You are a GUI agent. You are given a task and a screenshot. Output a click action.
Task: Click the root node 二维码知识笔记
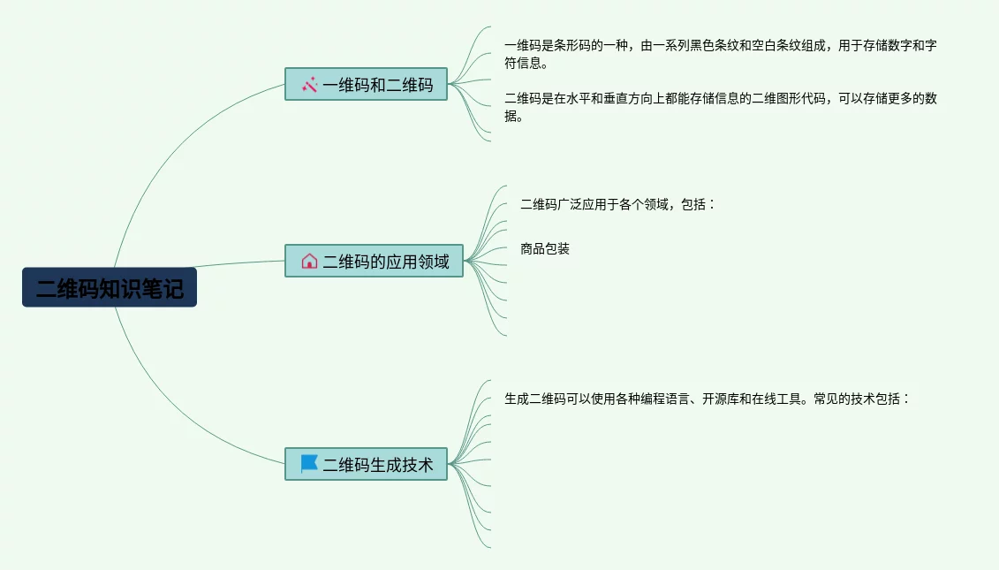(x=110, y=288)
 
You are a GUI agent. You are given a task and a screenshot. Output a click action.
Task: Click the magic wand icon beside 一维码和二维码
(x=309, y=85)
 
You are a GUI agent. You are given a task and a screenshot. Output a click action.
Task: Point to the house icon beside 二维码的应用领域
(x=309, y=261)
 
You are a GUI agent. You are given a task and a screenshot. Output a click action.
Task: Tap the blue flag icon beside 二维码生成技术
(x=309, y=464)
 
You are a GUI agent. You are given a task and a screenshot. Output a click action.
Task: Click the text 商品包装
(x=545, y=249)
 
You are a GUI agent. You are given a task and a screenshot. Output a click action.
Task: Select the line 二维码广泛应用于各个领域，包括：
(x=617, y=205)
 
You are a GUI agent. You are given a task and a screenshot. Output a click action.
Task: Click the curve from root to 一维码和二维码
(x=168, y=150)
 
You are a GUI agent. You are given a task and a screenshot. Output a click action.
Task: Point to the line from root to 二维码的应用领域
(x=238, y=262)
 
